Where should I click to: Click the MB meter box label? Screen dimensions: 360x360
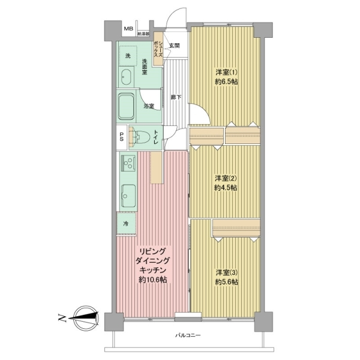point(128,29)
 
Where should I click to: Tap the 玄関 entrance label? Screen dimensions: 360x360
point(175,46)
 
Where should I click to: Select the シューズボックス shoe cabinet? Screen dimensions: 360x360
point(158,49)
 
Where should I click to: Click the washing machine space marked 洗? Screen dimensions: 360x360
point(128,55)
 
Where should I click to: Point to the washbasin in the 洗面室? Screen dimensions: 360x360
point(126,77)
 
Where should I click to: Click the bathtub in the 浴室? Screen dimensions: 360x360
point(126,106)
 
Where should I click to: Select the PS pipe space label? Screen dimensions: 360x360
point(121,137)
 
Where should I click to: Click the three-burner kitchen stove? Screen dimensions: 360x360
point(128,163)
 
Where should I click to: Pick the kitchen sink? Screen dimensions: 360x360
point(128,196)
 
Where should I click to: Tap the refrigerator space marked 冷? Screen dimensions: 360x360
point(127,223)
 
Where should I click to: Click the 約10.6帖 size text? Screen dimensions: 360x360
point(153,280)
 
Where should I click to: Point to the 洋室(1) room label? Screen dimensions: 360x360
point(226,73)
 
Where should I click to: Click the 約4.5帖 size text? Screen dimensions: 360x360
point(226,188)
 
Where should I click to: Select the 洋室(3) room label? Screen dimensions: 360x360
point(226,273)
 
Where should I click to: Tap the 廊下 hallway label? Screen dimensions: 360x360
point(176,97)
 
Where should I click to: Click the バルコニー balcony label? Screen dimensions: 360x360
point(188,335)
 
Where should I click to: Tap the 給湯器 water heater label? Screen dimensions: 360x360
point(143,34)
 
